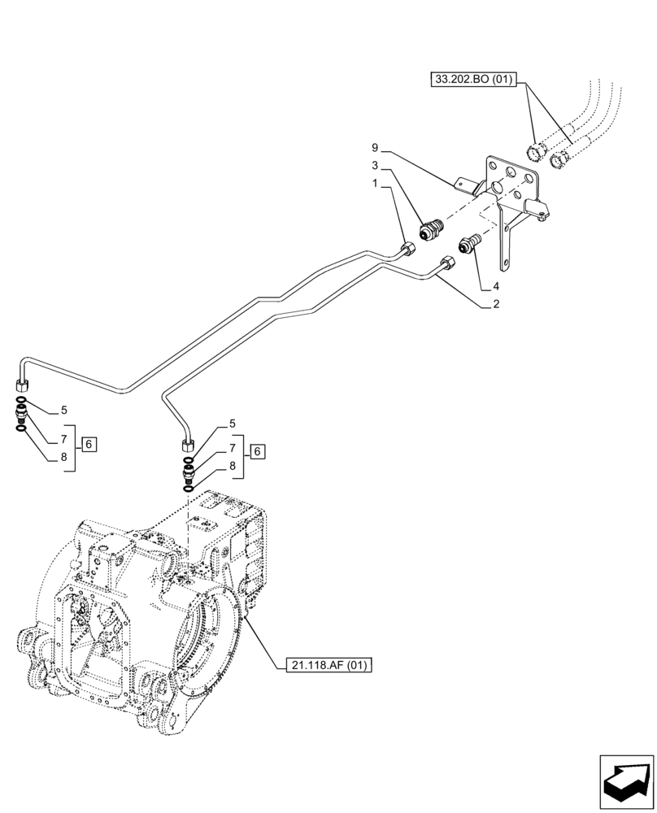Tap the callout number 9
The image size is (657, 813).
[375, 148]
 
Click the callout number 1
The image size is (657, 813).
[375, 184]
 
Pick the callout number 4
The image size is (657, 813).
[494, 286]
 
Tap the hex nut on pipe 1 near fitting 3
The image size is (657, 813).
[409, 249]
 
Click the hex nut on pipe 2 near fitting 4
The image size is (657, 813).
[447, 263]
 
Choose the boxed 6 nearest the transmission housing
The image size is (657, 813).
[257, 451]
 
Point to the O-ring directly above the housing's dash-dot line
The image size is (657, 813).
[189, 487]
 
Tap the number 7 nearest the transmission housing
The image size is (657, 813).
[232, 447]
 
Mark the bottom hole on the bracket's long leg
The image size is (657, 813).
[507, 263]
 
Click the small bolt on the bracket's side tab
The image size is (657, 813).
[542, 215]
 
